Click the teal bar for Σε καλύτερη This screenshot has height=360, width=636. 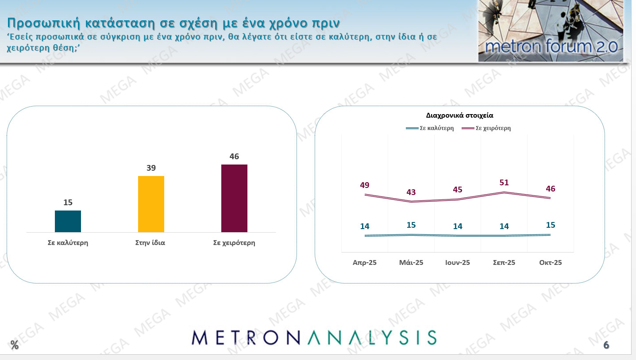[x=68, y=221]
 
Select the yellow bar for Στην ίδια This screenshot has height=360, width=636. [x=151, y=204]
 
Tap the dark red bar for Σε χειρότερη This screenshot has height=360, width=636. [x=234, y=198]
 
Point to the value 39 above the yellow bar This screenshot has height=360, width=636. [x=151, y=168]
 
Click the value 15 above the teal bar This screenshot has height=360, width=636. [x=68, y=203]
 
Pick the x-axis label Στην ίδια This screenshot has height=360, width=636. [x=150, y=243]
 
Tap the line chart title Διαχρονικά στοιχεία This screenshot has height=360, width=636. [x=459, y=115]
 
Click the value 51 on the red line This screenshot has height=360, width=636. [x=504, y=183]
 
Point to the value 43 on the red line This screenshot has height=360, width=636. [x=411, y=192]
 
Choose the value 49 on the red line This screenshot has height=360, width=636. [x=365, y=185]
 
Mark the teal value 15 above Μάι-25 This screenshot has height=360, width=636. [x=411, y=225]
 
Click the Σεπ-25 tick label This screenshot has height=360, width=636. [x=504, y=262]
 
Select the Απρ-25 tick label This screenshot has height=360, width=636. [x=365, y=262]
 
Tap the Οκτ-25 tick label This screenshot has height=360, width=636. [x=551, y=262]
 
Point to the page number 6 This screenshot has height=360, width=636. [x=606, y=345]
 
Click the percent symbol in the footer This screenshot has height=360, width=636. [x=15, y=345]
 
